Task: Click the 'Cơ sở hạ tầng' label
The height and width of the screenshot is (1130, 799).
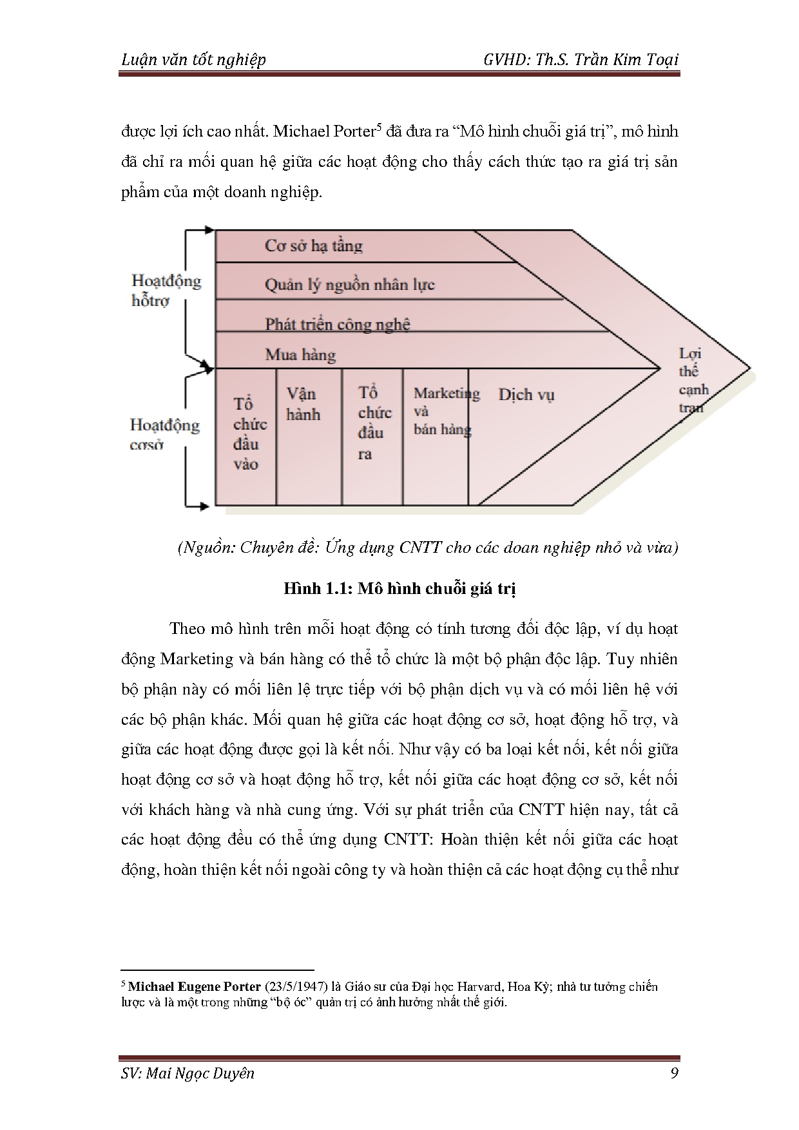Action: [314, 246]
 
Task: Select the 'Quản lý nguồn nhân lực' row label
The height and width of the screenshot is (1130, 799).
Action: [350, 285]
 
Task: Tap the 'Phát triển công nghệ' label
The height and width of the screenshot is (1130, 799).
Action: [338, 323]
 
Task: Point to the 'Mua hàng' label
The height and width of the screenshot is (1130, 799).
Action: [300, 355]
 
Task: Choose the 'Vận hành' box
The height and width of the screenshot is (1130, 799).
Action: [303, 404]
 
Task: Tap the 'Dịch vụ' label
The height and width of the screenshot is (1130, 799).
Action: [526, 395]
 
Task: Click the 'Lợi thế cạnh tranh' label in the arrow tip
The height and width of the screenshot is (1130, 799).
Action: [693, 380]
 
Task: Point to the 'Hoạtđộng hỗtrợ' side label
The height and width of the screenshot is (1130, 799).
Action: [166, 290]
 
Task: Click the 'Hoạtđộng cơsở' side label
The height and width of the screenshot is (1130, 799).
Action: [165, 434]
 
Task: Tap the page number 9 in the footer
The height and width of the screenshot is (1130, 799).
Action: [673, 1073]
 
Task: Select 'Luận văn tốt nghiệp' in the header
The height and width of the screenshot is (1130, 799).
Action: [193, 60]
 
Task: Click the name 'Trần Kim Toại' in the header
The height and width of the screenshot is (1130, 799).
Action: [628, 60]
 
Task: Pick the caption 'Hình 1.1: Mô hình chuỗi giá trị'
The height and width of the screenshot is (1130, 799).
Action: [400, 589]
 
